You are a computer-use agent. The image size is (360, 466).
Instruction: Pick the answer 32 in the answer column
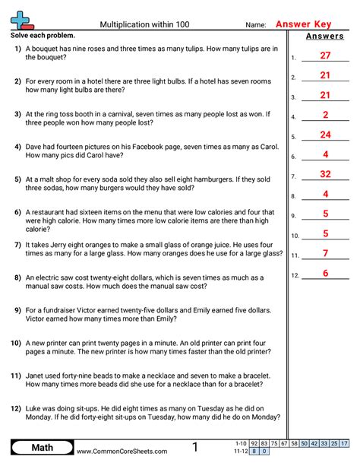(x=325, y=174)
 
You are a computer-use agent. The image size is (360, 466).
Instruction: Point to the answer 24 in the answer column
(x=325, y=135)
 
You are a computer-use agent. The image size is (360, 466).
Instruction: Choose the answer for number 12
(x=325, y=273)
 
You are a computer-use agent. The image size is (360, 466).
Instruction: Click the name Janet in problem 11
(x=38, y=376)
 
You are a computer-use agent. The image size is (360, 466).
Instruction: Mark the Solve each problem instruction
(x=43, y=36)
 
